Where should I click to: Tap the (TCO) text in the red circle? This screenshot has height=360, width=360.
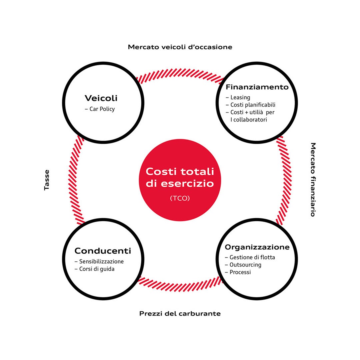coord(180,198)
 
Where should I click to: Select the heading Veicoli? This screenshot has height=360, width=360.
coord(101,98)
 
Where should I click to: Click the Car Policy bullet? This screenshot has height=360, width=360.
coord(100,109)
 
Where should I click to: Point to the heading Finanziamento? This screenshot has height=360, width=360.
coord(257,87)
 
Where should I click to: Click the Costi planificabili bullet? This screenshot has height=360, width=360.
coord(251,105)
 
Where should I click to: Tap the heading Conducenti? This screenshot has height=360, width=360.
coord(103,251)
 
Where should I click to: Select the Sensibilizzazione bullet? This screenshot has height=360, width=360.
coord(99,261)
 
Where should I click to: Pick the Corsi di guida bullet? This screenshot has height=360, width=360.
coord(94,269)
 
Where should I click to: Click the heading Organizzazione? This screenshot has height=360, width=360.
coord(257,247)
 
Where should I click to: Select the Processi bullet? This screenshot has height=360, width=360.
coord(238,272)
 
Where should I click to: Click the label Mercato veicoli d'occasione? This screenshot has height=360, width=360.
coord(180,47)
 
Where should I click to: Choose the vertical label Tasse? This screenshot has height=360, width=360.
coord(47,180)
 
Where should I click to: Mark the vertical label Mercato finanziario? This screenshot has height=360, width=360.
coord(313,180)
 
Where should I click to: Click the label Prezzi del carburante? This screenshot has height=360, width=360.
coord(180,314)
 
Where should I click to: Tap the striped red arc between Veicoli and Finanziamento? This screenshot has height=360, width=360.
coord(180,73)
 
